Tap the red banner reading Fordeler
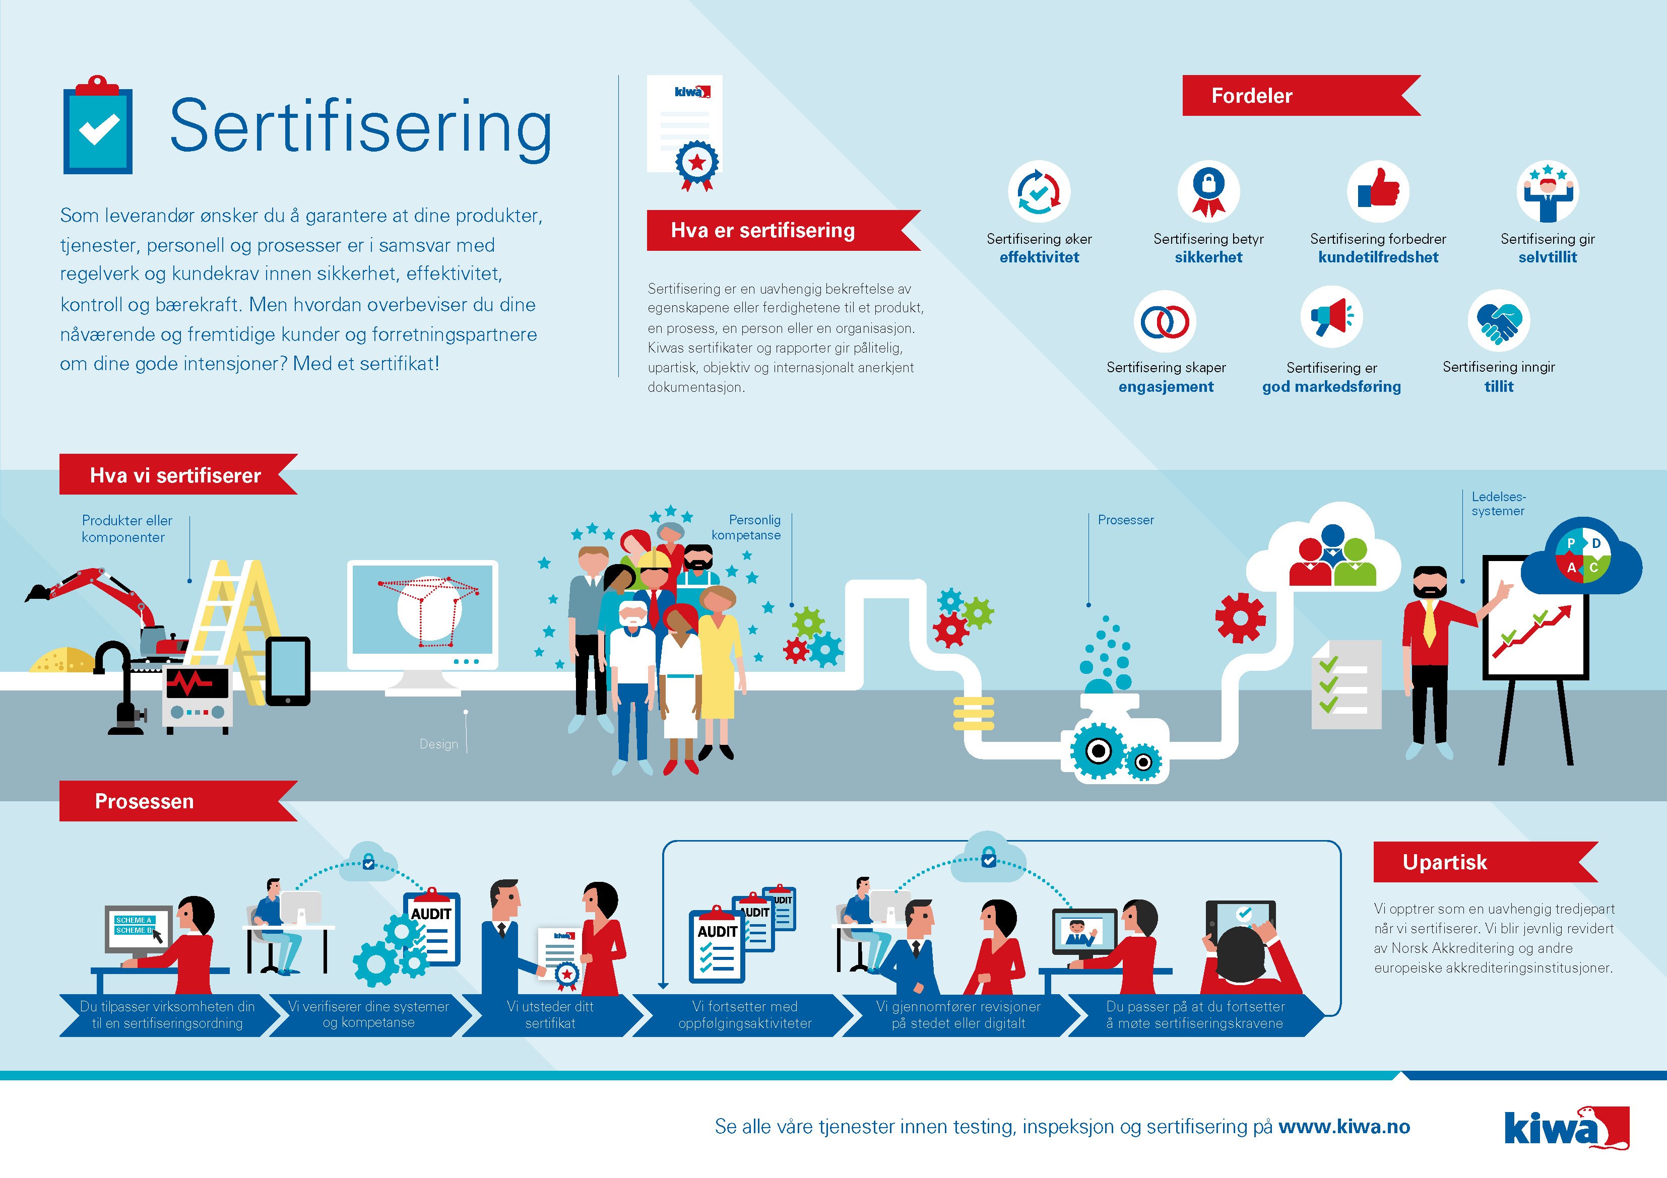(1300, 96)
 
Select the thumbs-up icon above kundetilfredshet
(1378, 191)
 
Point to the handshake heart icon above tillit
(1499, 321)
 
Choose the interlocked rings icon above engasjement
(1165, 321)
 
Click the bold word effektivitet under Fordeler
(1039, 257)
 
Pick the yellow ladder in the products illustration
(234, 632)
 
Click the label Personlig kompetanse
(746, 528)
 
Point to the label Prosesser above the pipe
(1125, 520)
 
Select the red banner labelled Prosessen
(178, 801)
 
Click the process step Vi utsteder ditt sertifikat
(550, 1015)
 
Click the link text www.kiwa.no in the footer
(1344, 1127)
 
